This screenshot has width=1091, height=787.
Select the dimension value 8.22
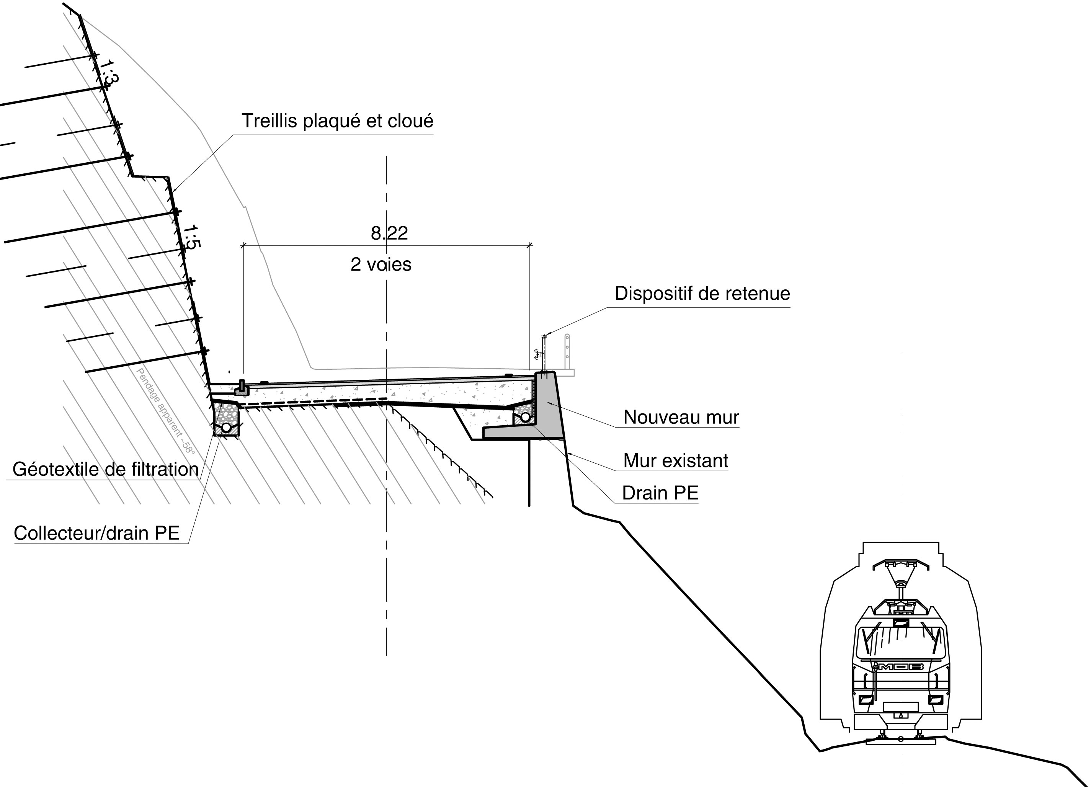click(x=389, y=233)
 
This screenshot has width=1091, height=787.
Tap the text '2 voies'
click(x=381, y=265)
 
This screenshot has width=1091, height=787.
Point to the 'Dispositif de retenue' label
click(x=702, y=294)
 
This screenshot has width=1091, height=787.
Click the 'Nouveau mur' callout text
click(x=681, y=417)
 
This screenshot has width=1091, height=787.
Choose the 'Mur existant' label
click(x=675, y=461)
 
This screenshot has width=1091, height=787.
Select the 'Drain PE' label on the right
click(x=660, y=493)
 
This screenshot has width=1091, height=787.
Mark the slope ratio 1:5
click(x=191, y=237)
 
